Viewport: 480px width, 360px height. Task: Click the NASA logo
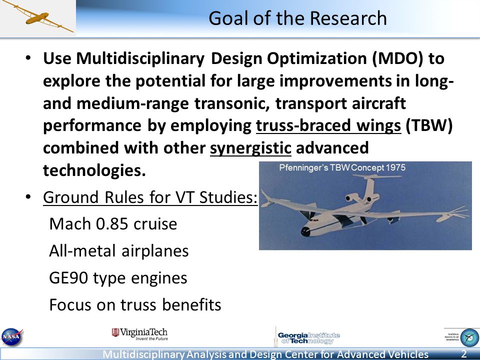click(12, 336)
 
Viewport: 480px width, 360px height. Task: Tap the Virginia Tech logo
click(140, 334)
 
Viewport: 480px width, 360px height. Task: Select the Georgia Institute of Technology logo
click(307, 337)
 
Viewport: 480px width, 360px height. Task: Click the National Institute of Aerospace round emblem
click(469, 337)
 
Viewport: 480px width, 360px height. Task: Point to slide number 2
click(464, 354)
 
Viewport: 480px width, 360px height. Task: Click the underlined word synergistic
click(250, 148)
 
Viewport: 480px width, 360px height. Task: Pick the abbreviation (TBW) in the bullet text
click(429, 125)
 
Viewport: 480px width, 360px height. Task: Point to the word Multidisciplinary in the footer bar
click(144, 354)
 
